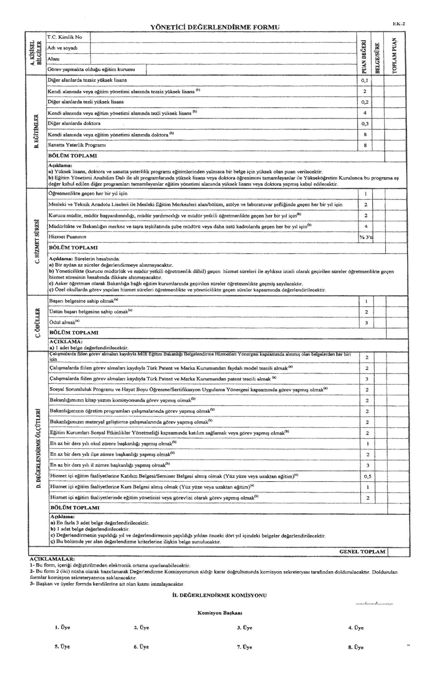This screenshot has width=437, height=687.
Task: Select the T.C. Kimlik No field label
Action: click(x=65, y=37)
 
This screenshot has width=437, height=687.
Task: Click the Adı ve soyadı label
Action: click(x=62, y=48)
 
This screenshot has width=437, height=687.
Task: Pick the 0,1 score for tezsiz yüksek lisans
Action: click(x=365, y=80)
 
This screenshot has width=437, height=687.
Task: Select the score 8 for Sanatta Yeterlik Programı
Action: click(x=365, y=145)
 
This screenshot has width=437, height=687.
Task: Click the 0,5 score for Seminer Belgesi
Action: click(x=367, y=476)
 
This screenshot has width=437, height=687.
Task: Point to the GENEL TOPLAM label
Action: click(x=362, y=551)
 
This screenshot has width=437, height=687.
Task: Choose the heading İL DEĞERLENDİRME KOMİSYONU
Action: click(x=220, y=595)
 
